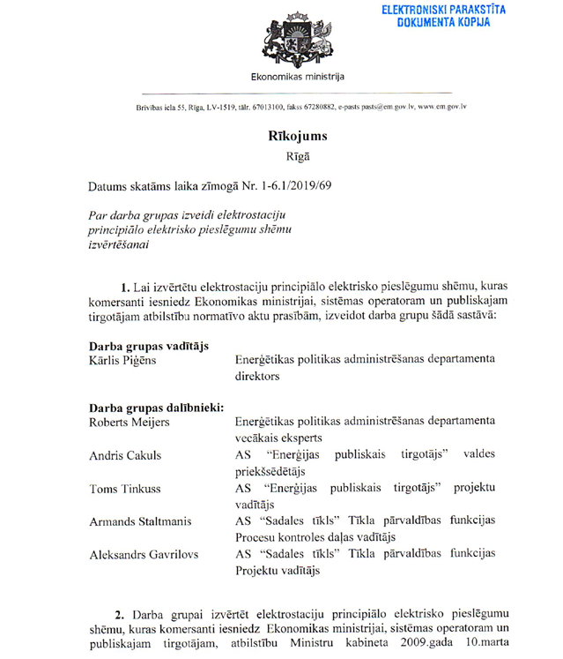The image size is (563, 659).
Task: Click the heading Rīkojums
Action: (298, 136)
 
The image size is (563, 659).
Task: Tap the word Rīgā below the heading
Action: (298, 158)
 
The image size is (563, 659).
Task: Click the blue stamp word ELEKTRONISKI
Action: (412, 10)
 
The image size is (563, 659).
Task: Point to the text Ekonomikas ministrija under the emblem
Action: (298, 78)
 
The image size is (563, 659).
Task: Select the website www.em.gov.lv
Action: (441, 108)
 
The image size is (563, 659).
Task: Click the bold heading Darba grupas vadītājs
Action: (149, 346)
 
